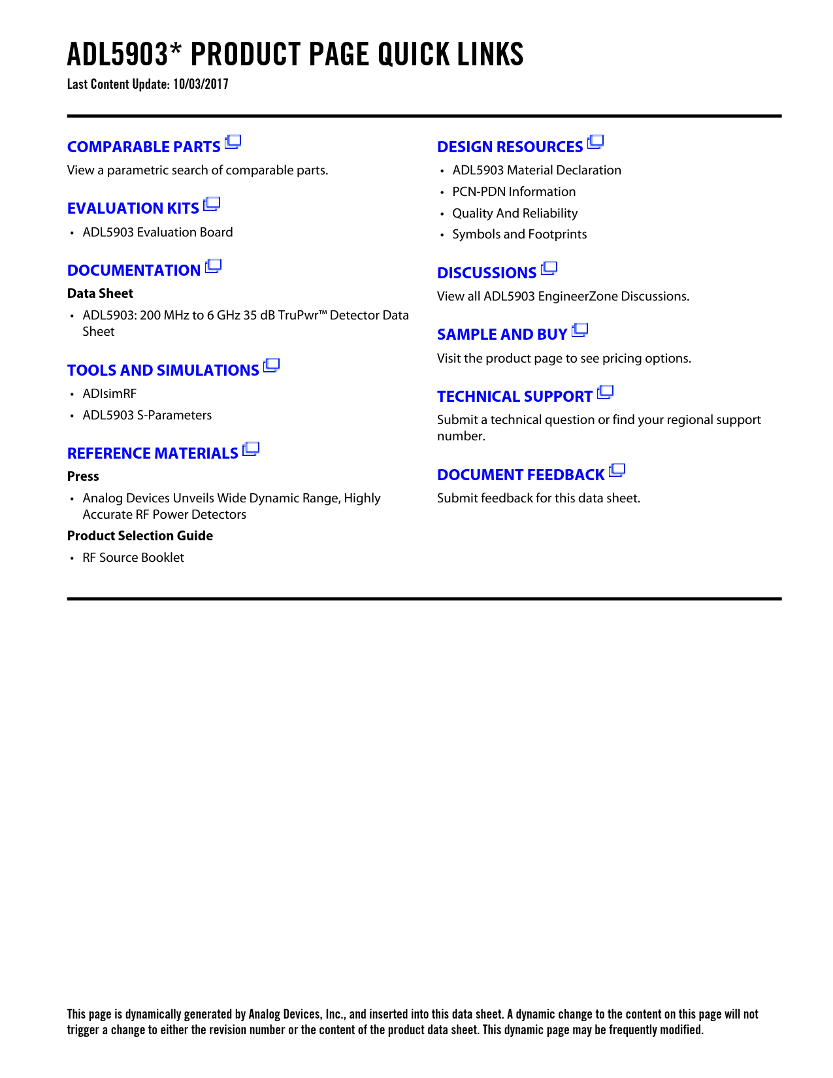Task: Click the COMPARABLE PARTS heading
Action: tap(144, 147)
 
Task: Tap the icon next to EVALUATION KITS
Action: tap(212, 204)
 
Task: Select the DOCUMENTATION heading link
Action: tap(134, 270)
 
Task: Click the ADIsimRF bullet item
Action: tap(110, 393)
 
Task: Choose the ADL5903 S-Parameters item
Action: tap(147, 415)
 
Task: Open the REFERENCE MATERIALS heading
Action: tap(153, 453)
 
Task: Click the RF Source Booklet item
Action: tap(133, 557)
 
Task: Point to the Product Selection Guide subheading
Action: tap(140, 536)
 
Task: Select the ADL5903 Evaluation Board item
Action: tap(157, 232)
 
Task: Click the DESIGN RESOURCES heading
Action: tap(510, 147)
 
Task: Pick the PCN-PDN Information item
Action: tap(514, 191)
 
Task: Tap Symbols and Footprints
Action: tap(519, 234)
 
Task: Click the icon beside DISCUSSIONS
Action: tap(549, 269)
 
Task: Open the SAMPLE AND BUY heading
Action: tap(502, 335)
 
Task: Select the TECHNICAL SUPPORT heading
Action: tap(515, 397)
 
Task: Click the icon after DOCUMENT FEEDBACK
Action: tap(617, 470)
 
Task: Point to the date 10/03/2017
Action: tap(201, 84)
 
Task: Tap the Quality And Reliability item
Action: tap(515, 213)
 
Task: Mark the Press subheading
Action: tap(83, 476)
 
